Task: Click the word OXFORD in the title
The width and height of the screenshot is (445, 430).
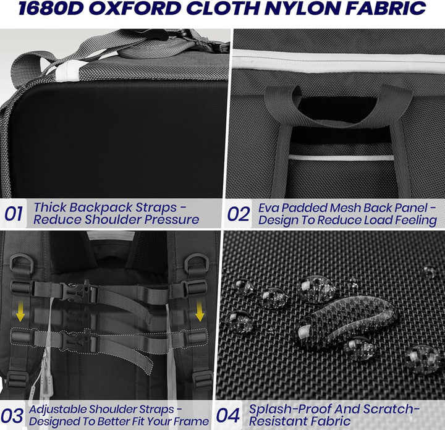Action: (135, 9)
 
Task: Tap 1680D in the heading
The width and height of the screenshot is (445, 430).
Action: (51, 9)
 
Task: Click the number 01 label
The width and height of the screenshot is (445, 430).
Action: (14, 214)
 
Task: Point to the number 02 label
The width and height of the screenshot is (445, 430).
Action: (239, 214)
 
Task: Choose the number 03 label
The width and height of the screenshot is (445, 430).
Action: (12, 416)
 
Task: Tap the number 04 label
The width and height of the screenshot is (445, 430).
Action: (228, 416)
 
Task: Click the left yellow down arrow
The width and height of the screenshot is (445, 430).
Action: (20, 312)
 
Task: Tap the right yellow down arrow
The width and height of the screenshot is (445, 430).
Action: (200, 311)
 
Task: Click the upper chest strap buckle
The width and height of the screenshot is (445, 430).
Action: (75, 291)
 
